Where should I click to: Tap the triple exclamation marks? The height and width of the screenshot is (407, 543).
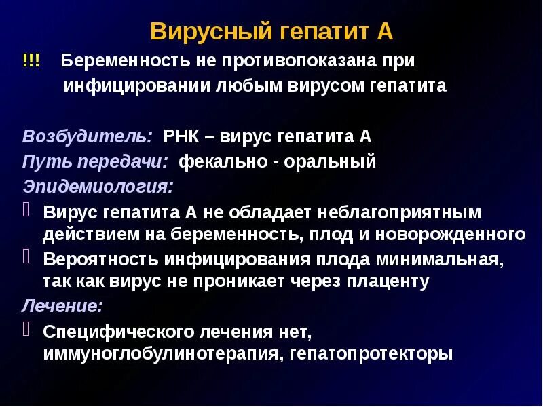coord(31,61)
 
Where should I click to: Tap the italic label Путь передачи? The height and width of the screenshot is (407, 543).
coord(95,162)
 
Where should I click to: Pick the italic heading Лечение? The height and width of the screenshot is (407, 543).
coord(62,305)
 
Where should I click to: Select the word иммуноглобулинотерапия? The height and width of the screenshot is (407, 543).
coord(162,354)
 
